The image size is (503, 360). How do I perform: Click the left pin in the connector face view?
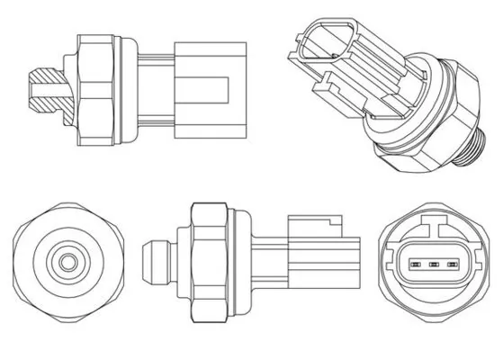coord(417,265)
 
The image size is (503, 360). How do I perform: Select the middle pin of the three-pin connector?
coord(432,265)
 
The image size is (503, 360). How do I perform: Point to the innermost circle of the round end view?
coord(67,262)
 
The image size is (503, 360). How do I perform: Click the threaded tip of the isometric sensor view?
coord(474,146)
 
